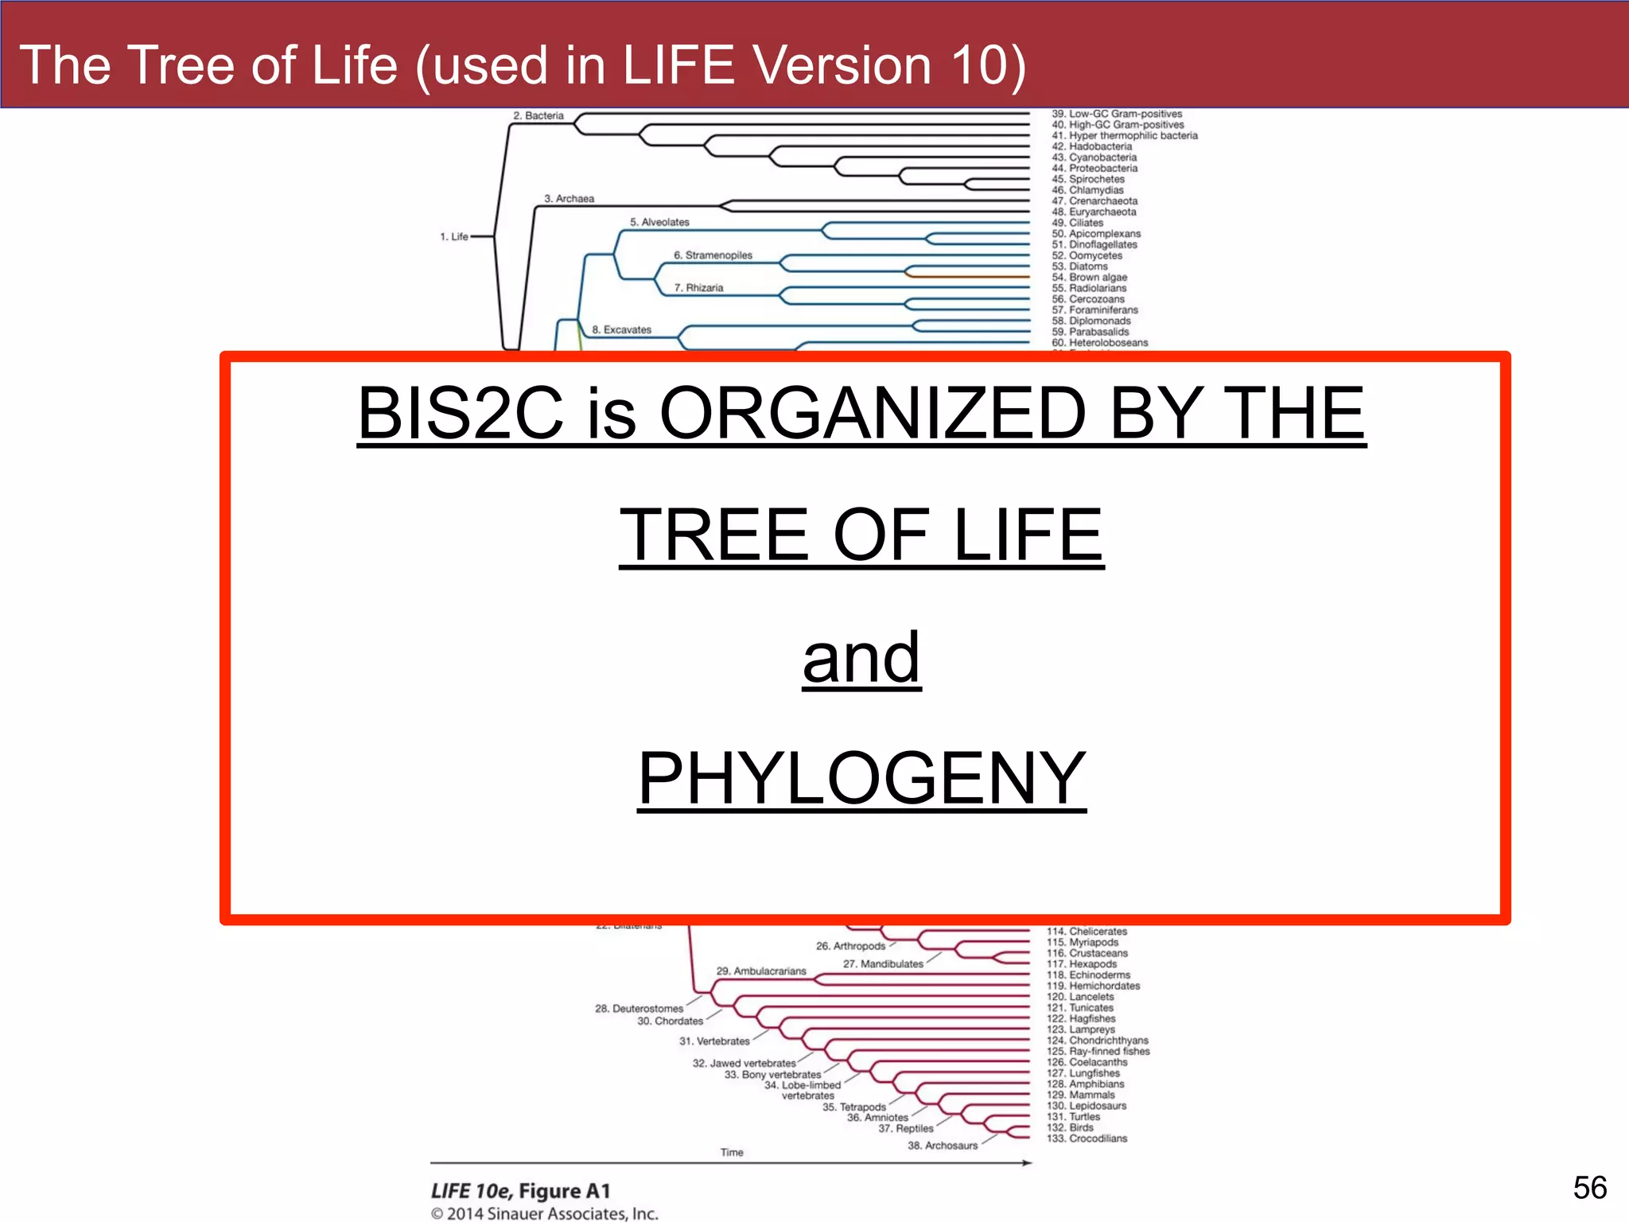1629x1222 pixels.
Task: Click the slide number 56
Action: [1589, 1187]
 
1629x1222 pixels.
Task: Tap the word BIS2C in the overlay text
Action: [460, 413]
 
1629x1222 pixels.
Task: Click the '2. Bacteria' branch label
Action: [538, 116]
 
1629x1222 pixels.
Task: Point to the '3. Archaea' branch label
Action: [569, 199]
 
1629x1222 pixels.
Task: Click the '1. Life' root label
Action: [454, 236]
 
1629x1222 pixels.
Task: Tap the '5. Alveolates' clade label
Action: [659, 223]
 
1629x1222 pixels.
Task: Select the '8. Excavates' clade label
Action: [621, 329]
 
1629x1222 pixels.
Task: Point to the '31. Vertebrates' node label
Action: [714, 1041]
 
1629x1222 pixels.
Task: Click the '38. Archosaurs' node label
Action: [943, 1146]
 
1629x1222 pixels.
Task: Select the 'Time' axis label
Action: [732, 1152]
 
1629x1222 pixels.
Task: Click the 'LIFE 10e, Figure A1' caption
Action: [521, 1191]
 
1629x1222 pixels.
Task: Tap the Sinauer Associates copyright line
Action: [545, 1213]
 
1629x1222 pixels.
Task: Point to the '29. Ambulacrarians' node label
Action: [761, 971]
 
